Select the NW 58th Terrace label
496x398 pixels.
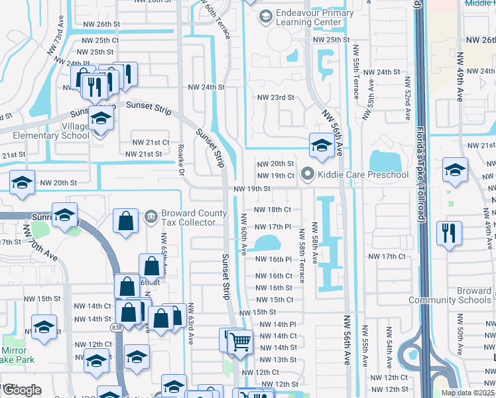click(x=302, y=256)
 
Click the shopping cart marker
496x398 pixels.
click(x=240, y=342)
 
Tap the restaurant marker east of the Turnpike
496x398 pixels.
click(x=449, y=233)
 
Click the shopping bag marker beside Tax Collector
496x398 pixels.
click(x=125, y=222)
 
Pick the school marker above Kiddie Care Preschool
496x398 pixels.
click(x=322, y=145)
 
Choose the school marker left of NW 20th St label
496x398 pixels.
click(x=22, y=182)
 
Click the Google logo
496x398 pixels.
click(x=21, y=390)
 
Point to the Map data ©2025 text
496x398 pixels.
click(x=467, y=393)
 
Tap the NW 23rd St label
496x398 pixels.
click(x=275, y=98)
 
